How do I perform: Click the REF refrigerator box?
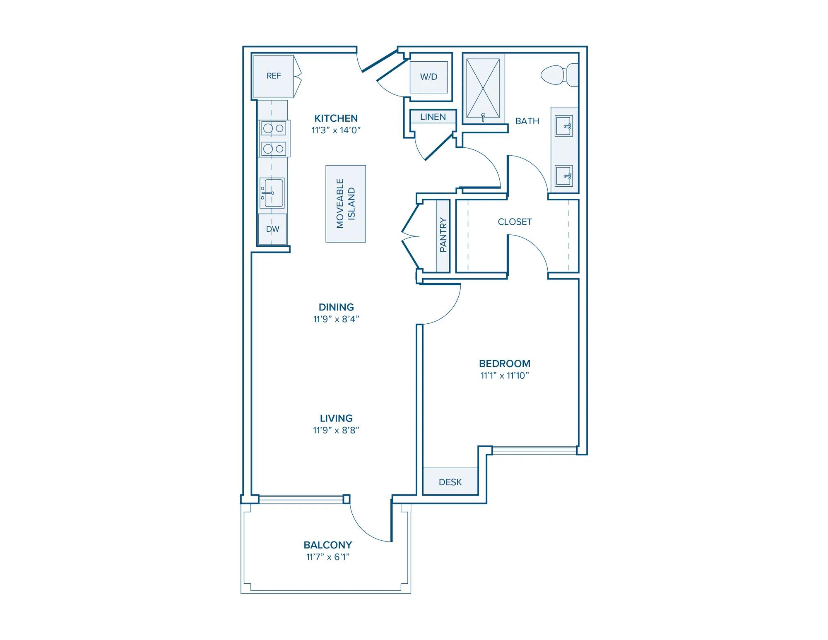pyautogui.click(x=274, y=77)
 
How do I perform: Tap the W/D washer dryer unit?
pyautogui.click(x=428, y=77)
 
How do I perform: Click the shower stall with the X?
pyautogui.click(x=483, y=89)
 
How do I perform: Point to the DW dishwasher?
pyautogui.click(x=272, y=229)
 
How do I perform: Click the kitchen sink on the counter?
pyautogui.click(x=272, y=193)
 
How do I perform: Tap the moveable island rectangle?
pyautogui.click(x=346, y=204)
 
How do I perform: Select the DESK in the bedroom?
pyautogui.click(x=450, y=481)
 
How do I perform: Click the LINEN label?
pyautogui.click(x=433, y=117)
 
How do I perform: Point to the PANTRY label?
pyautogui.click(x=443, y=235)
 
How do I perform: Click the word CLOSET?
pyautogui.click(x=515, y=222)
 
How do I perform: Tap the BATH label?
pyautogui.click(x=527, y=121)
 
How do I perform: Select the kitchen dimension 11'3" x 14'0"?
pyautogui.click(x=336, y=130)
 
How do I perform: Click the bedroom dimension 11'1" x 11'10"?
pyautogui.click(x=505, y=375)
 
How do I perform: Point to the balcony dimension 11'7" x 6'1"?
pyautogui.click(x=327, y=557)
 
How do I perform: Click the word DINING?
pyautogui.click(x=336, y=307)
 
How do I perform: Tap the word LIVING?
pyautogui.click(x=336, y=418)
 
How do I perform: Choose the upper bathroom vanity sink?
pyautogui.click(x=563, y=126)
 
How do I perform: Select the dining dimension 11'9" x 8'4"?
pyautogui.click(x=336, y=319)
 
